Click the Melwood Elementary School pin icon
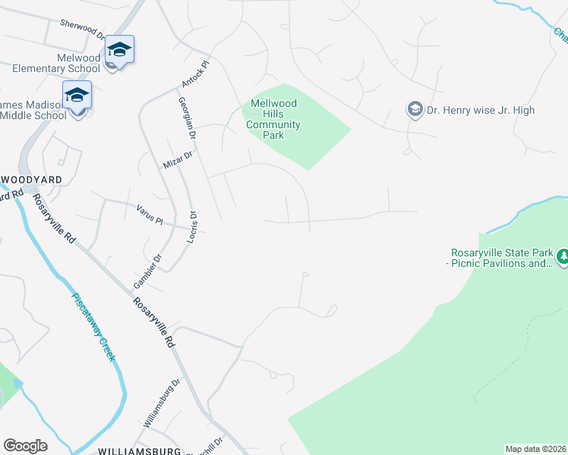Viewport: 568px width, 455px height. click(119, 51)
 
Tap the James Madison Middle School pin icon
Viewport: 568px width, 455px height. click(77, 96)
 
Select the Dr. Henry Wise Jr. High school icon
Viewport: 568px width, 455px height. click(415, 110)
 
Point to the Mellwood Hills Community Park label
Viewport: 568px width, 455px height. click(273, 120)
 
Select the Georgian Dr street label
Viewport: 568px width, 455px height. click(187, 118)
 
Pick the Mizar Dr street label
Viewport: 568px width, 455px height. click(179, 158)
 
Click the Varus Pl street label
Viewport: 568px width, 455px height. click(150, 214)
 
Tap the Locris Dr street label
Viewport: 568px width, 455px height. click(193, 227)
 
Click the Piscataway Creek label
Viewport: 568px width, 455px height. click(94, 327)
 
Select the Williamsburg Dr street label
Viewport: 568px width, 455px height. click(162, 402)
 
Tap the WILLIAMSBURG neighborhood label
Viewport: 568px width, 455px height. click(138, 450)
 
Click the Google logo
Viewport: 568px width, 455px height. click(25, 445)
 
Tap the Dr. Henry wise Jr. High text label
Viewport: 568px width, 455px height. click(480, 110)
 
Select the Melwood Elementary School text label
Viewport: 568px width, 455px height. click(57, 63)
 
